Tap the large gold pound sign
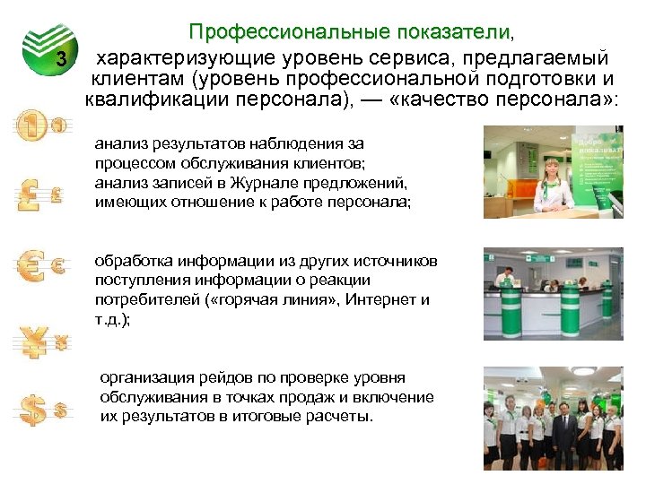[30, 194]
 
